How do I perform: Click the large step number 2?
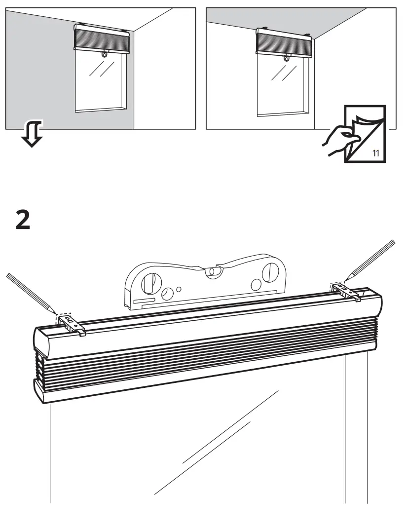click(23, 219)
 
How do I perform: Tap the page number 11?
click(375, 152)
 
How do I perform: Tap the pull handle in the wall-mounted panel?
click(105, 56)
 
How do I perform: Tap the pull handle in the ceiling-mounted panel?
click(287, 59)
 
